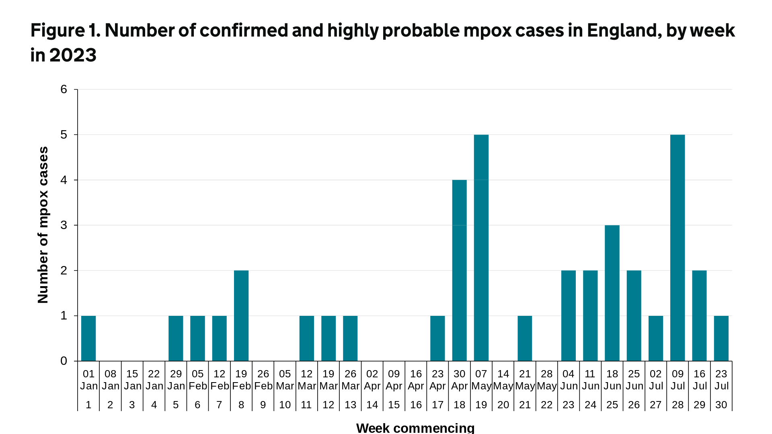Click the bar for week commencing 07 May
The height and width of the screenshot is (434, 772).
pos(481,248)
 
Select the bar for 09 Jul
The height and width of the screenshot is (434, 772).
pos(678,248)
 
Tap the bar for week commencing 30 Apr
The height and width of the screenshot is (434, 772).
pos(459,270)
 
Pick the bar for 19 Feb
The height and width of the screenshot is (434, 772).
pos(241,316)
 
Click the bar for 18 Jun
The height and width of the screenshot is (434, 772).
pos(612,293)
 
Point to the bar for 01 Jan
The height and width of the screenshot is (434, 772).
pos(88,338)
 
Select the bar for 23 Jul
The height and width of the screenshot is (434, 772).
pos(721,338)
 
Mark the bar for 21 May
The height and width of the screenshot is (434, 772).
pos(525,338)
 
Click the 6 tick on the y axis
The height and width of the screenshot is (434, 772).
pos(64,89)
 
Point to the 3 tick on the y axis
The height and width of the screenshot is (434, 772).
pos(64,225)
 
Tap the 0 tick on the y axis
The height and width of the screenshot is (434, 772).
pos(64,361)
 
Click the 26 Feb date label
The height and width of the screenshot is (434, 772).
pos(263,380)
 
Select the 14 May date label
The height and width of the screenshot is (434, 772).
pos(503,380)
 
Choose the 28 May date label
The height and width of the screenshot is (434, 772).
pos(546,380)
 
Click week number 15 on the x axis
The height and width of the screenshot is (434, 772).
pos(394,405)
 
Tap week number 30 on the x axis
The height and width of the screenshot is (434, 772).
pos(721,405)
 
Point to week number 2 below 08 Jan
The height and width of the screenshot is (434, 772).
pos(110,405)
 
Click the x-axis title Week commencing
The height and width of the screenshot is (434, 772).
pos(415,428)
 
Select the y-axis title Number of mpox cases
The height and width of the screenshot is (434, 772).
pos(43,225)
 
